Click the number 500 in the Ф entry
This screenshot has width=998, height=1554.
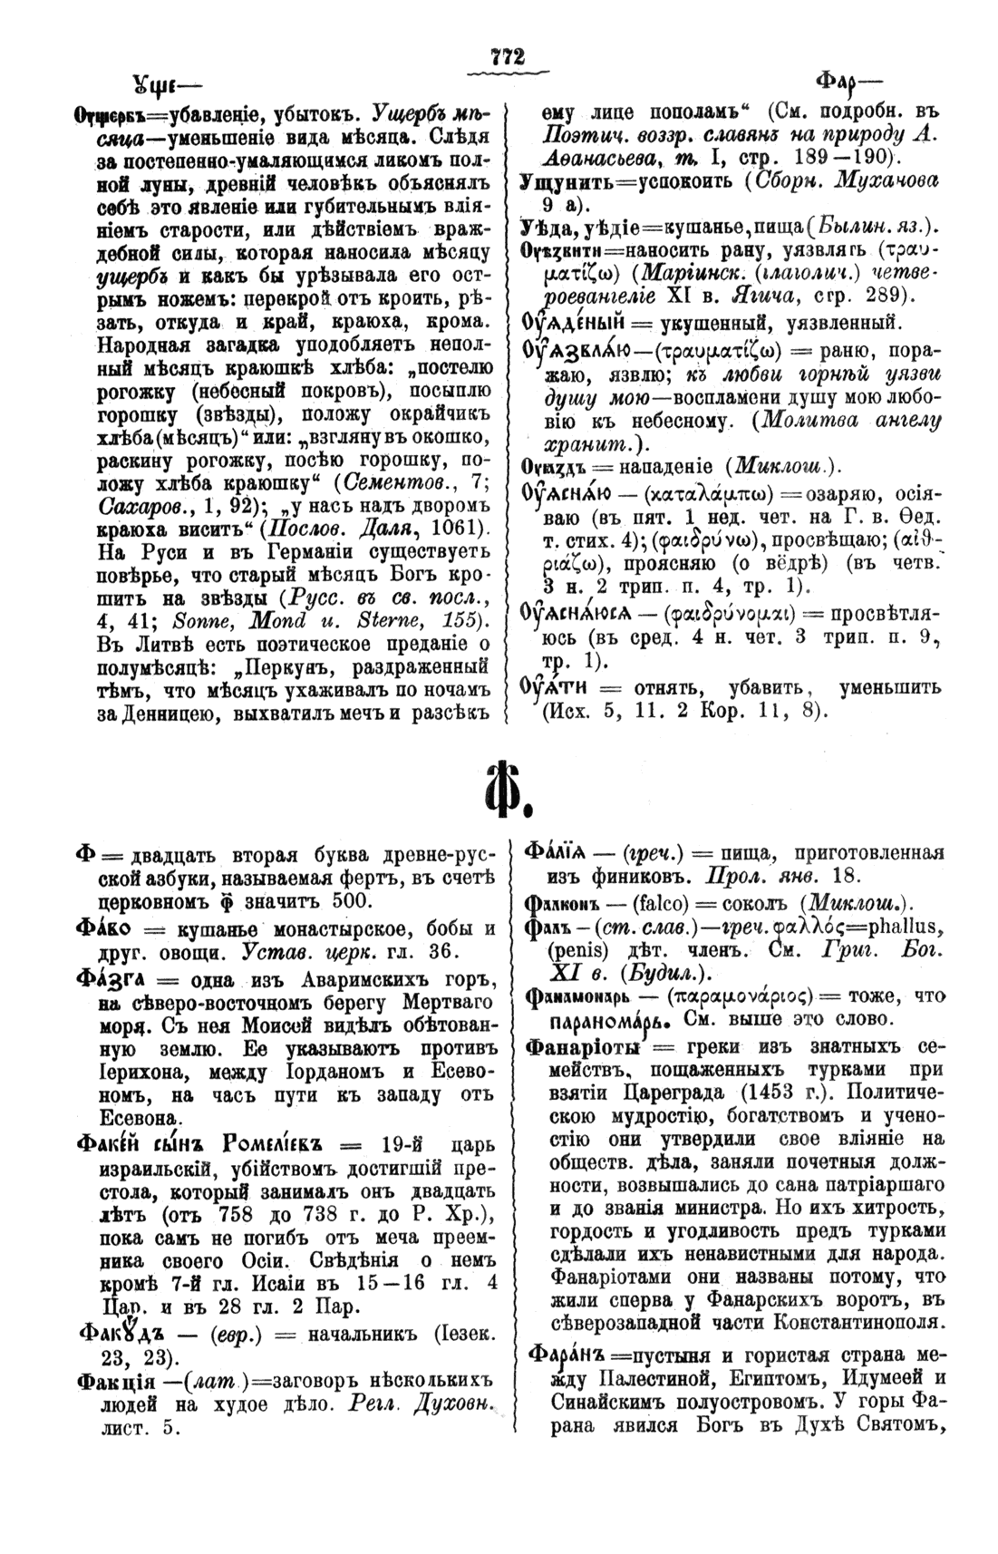tap(324, 900)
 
